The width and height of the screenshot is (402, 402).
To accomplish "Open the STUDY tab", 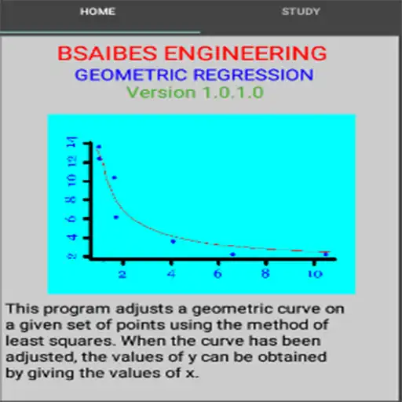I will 301,12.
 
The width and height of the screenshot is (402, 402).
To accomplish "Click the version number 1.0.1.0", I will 231,93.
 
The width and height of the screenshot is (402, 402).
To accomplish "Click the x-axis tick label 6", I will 217,275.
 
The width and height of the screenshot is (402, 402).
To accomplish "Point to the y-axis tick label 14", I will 73,142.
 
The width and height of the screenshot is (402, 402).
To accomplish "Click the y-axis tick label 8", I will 73,199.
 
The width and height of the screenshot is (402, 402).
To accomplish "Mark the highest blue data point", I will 98,147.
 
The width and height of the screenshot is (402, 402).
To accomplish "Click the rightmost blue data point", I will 326,254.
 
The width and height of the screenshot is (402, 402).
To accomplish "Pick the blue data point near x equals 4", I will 173,241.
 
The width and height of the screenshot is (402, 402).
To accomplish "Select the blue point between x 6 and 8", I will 232,254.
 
